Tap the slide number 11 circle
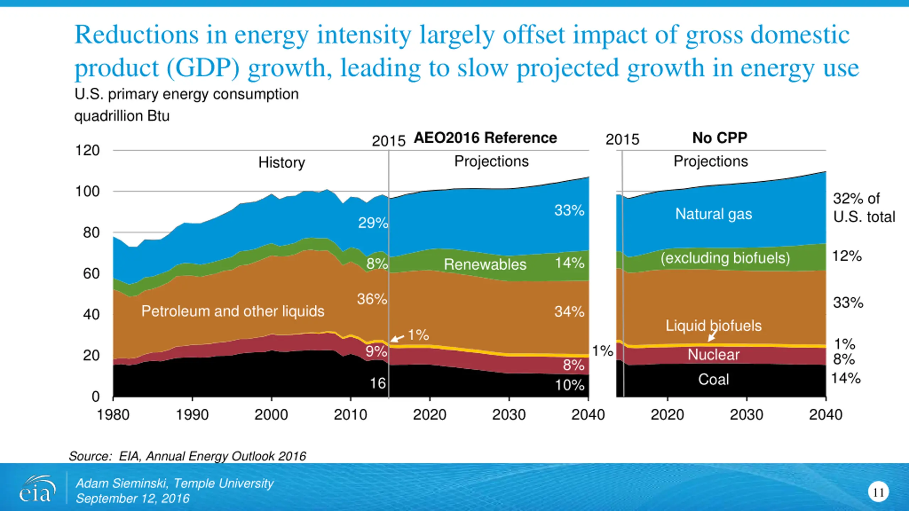878,492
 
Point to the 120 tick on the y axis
87,150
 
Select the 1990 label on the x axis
192,414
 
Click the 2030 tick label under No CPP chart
746,414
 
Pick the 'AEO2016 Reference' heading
485,138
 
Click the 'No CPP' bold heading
720,138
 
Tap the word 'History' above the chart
282,163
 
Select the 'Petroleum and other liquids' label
233,311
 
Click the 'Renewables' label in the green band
485,264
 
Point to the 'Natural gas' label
714,214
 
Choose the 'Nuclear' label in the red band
714,355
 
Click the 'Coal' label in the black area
714,379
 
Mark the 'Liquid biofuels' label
714,325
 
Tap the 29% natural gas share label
373,223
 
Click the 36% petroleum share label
372,299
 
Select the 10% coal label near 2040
570,385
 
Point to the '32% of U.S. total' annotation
864,208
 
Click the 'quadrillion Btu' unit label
122,116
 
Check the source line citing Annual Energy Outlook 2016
187,456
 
